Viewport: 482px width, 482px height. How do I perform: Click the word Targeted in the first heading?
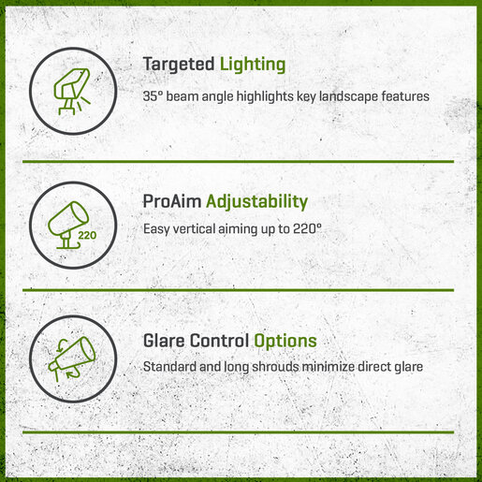(179, 65)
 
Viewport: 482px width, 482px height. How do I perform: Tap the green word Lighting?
(253, 65)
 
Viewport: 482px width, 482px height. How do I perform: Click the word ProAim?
(172, 201)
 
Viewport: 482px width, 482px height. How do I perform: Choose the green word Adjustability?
(256, 202)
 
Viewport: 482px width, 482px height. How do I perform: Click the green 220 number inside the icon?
(87, 235)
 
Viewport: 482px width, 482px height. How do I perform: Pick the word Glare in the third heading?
(164, 341)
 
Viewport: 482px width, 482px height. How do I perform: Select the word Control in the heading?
(219, 341)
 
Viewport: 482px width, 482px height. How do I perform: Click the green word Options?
(285, 342)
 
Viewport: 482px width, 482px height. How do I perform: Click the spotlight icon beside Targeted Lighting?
(72, 91)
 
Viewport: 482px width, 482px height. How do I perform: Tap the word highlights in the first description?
(265, 96)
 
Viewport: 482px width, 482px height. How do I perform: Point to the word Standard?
(169, 367)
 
